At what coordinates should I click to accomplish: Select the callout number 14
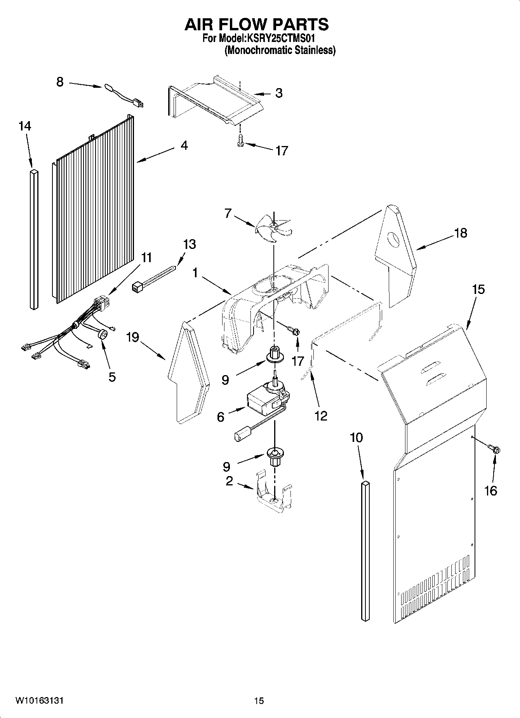point(25,126)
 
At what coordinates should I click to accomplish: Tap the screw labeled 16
point(494,450)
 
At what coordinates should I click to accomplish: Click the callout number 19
point(132,337)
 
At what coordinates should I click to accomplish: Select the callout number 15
point(478,290)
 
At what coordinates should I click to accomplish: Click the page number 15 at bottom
point(259,701)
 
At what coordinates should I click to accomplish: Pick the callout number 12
point(321,416)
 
